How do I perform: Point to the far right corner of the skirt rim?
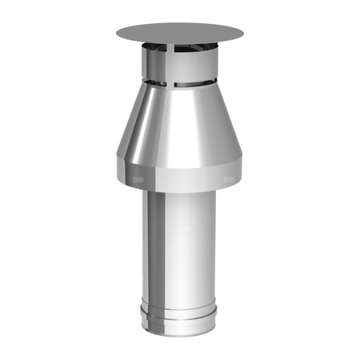[244, 172]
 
